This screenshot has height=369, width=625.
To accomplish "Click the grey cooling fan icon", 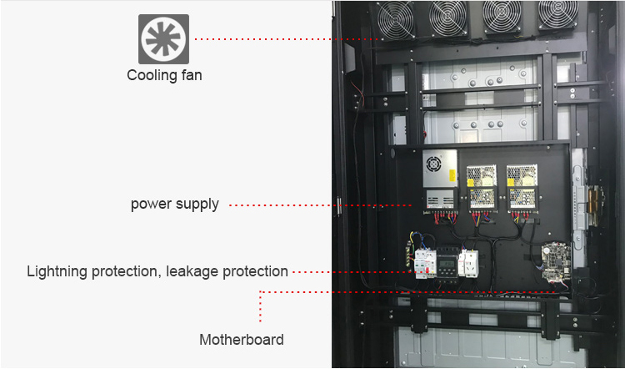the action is point(163,39).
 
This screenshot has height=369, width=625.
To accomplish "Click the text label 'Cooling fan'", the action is point(164,75).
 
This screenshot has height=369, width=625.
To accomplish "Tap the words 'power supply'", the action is point(175,204).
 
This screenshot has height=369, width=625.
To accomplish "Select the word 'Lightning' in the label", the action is point(57,271).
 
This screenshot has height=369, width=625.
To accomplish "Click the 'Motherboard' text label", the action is point(242,340).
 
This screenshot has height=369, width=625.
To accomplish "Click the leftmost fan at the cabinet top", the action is point(396,20).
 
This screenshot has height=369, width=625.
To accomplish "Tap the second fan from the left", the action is point(448,18).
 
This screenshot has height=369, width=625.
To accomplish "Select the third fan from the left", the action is point(502,16).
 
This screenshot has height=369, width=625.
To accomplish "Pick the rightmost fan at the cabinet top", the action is point(558,14).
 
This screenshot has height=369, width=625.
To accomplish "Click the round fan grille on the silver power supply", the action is point(433,163).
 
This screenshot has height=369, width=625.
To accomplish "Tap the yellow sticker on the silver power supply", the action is point(452,175).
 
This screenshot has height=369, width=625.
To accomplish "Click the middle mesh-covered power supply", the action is point(482,188).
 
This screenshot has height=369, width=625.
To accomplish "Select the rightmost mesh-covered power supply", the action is point(522,188).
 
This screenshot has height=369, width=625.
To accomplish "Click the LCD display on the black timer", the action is point(448,264).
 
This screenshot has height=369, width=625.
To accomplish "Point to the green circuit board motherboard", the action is point(556,260).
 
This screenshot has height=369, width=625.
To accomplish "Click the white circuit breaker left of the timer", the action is point(425,264).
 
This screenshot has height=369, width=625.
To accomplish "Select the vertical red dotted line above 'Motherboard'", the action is point(260,306).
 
